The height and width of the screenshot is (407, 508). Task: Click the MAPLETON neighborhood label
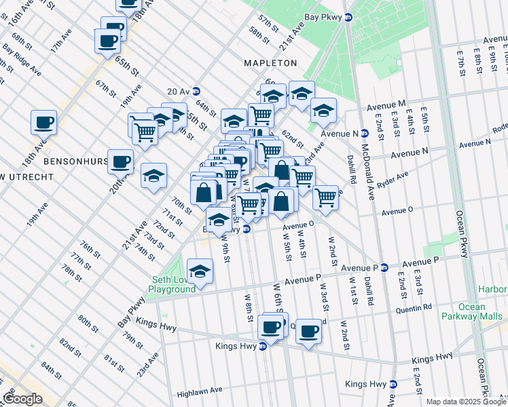pyautogui.click(x=270, y=63)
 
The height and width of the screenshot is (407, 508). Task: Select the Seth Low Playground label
pyautogui.click(x=173, y=284)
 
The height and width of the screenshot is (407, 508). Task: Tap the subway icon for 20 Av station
pyautogui.click(x=196, y=91)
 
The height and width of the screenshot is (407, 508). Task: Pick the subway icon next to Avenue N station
pyautogui.click(x=364, y=134)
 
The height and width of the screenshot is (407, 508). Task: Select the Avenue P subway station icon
pyautogui.click(x=384, y=267)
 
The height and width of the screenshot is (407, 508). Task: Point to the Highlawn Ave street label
pyautogui.click(x=200, y=391)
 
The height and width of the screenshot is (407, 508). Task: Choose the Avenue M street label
pyautogui.click(x=386, y=106)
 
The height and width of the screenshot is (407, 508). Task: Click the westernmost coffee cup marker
pyautogui.click(x=43, y=123)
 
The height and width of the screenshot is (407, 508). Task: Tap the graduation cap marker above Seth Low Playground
pyautogui.click(x=200, y=271)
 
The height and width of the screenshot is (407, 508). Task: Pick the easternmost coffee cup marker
pyautogui.click(x=309, y=331)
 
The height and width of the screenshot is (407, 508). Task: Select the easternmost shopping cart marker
pyautogui.click(x=326, y=197)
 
